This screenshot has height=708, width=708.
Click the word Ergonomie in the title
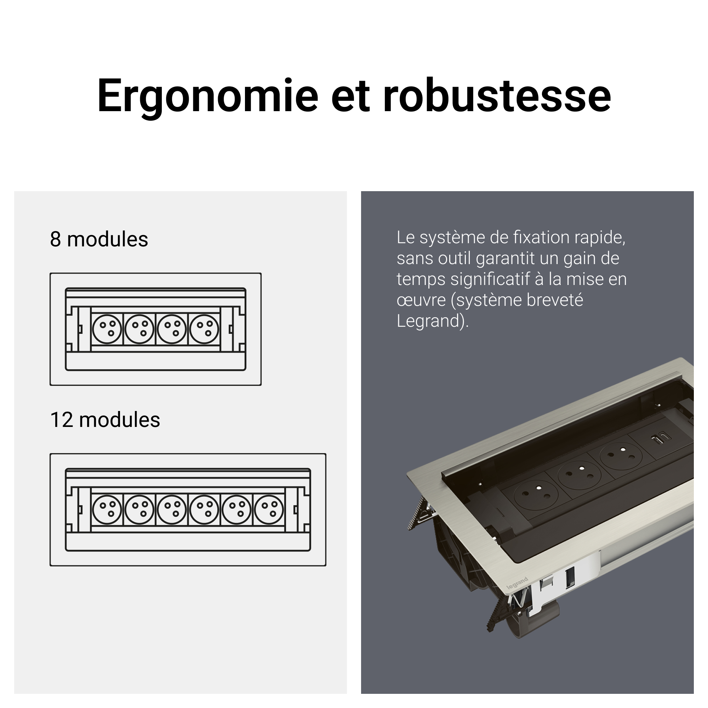point(208,96)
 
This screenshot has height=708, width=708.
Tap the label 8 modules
point(99,239)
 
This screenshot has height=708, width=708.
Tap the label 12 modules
point(105,420)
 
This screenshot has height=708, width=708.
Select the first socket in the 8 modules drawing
point(107,329)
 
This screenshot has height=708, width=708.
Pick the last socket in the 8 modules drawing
point(204,329)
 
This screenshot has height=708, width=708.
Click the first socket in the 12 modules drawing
point(107,509)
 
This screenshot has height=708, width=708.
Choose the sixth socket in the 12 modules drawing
point(269,509)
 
